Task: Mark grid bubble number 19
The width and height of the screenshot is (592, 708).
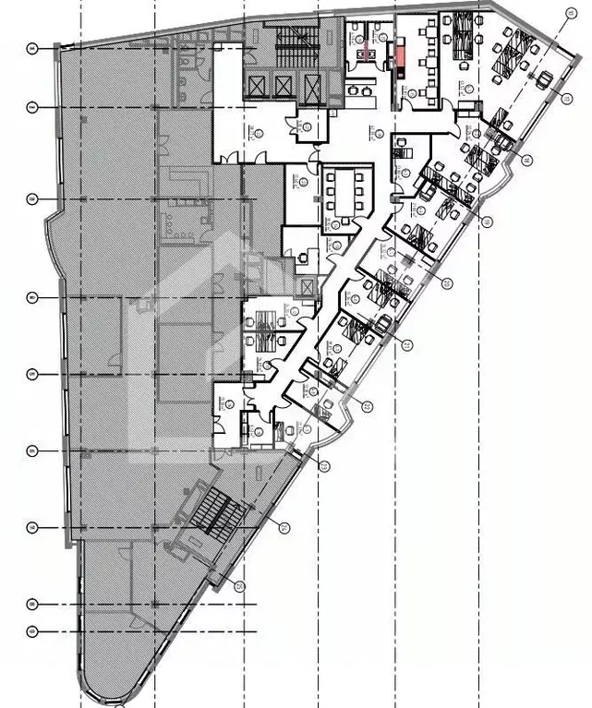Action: coord(488,221)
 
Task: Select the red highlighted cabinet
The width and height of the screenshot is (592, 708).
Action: coord(399,56)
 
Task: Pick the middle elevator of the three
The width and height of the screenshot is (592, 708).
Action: coord(284,87)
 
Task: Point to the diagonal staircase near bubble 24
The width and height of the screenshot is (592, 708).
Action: coord(213,513)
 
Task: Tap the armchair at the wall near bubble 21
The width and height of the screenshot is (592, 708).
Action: coord(381,323)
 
